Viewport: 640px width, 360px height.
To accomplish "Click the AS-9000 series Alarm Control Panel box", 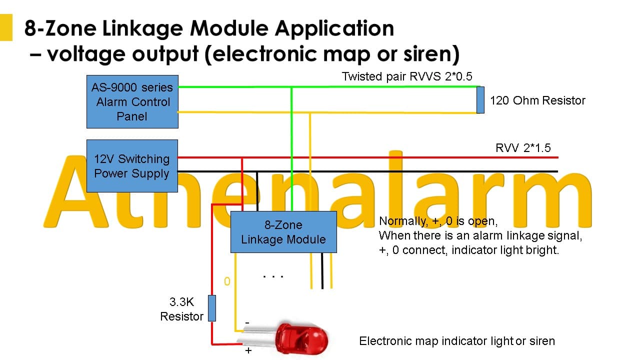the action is click(x=132, y=101).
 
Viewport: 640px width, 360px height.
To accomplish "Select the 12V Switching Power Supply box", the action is click(x=132, y=166).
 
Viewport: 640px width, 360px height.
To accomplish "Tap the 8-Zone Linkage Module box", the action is click(x=283, y=232).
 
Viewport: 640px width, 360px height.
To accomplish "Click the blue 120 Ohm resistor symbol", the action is click(x=480, y=100).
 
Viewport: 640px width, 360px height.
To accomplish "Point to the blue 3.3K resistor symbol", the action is click(x=211, y=308).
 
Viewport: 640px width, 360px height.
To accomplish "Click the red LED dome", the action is click(x=302, y=339).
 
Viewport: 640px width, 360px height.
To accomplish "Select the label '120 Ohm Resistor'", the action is click(x=537, y=100).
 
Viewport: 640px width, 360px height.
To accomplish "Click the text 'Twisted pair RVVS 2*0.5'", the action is click(x=407, y=76).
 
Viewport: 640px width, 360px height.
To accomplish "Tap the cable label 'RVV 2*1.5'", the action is click(x=523, y=148).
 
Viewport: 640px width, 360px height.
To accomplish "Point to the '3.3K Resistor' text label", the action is click(x=181, y=309).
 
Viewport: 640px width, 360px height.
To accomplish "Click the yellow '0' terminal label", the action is click(x=227, y=281).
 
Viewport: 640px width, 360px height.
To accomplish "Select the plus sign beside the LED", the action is click(x=248, y=350).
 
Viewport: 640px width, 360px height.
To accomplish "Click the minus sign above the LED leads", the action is click(x=247, y=323).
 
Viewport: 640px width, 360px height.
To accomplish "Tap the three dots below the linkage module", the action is click(x=273, y=276).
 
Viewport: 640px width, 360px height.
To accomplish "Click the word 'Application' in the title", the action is click(x=334, y=29).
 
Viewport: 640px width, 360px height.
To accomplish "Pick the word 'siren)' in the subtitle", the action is click(x=431, y=54).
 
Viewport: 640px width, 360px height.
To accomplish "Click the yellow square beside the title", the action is click(x=6, y=27).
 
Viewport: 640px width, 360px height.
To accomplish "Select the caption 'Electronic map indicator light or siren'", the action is click(x=457, y=341).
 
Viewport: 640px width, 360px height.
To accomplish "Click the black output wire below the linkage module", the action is click(x=322, y=271).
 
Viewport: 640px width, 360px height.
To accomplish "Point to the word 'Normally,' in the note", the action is click(x=403, y=221).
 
